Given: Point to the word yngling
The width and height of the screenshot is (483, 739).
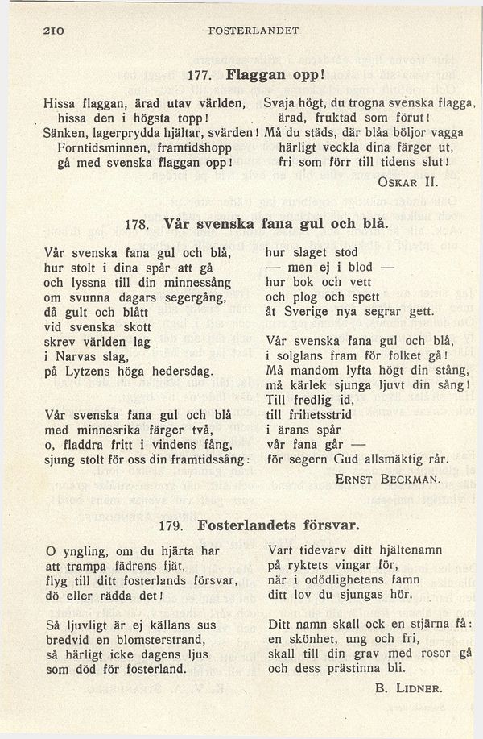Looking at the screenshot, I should [87, 551].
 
